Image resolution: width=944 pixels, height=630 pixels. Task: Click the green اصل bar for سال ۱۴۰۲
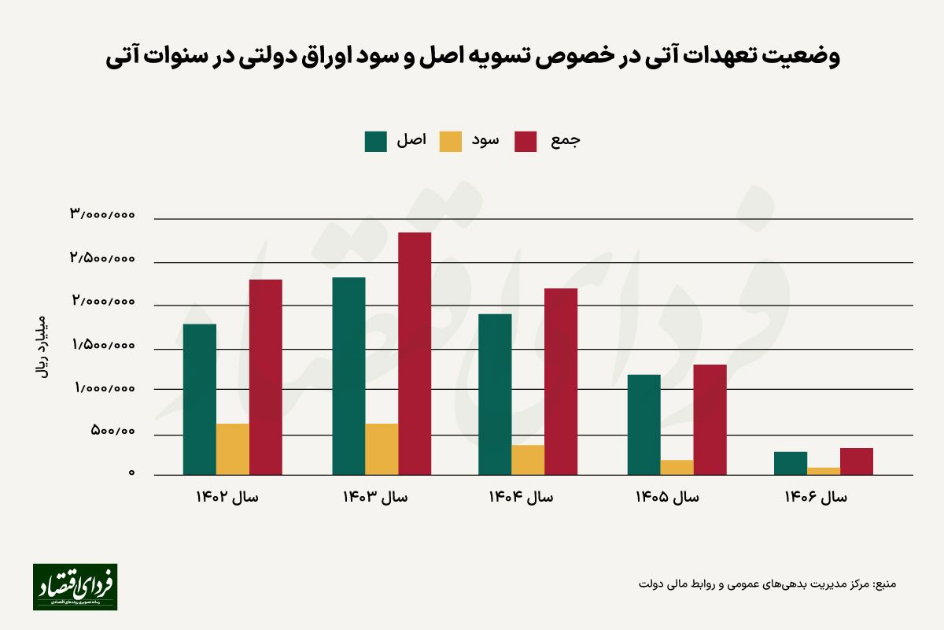click(199, 399)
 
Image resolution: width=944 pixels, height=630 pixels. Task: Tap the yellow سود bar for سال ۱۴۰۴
click(528, 460)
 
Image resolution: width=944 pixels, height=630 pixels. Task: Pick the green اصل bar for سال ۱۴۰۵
click(643, 424)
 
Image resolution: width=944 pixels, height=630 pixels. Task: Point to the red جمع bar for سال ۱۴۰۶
click(857, 461)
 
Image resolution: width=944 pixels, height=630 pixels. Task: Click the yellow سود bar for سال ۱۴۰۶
click(824, 471)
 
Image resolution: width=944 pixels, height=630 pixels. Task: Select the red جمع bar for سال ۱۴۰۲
click(266, 377)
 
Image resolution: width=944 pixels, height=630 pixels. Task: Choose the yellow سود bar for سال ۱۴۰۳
click(382, 449)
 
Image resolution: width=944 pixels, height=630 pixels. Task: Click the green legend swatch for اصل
click(376, 141)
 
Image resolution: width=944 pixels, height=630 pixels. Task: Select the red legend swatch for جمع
click(526, 141)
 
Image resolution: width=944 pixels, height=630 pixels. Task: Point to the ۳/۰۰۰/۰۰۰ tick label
click(102, 214)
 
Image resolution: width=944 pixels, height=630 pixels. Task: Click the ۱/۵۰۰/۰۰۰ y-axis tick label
click(102, 345)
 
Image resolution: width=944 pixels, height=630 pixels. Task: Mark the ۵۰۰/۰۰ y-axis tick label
click(113, 431)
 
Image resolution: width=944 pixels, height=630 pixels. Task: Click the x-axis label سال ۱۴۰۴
click(520, 497)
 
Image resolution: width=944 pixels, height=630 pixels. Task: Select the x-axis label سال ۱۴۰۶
click(816, 497)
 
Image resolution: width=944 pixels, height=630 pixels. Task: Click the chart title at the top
click(472, 57)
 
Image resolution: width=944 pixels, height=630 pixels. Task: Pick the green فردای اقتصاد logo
click(75, 587)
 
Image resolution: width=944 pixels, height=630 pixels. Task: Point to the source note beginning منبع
click(767, 584)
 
